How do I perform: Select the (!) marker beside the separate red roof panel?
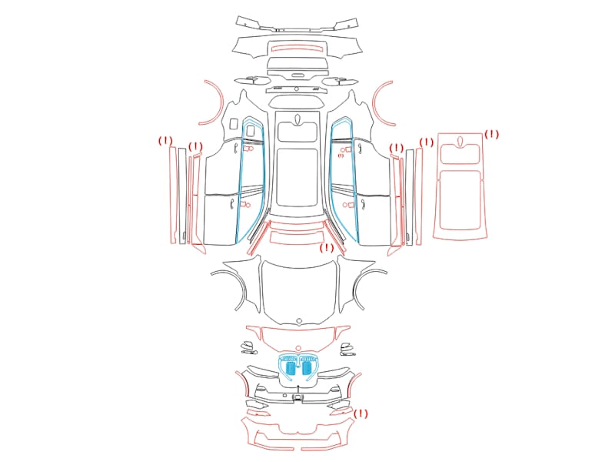491,134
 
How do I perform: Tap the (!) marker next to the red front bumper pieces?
361,413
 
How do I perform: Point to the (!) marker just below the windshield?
326,247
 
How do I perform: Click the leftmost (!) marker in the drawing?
165,141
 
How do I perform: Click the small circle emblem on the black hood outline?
299,321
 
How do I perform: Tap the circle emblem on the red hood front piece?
298,349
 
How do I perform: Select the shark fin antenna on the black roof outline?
297,119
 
